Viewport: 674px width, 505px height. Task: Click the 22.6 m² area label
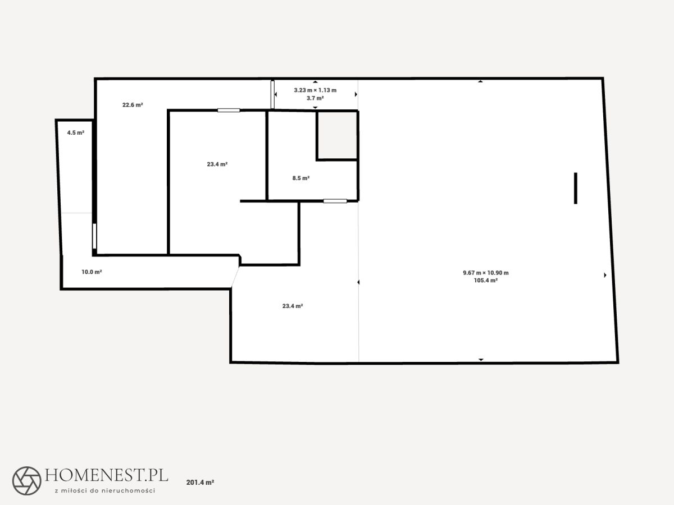click(x=133, y=105)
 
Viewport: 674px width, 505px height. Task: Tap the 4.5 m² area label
click(x=75, y=133)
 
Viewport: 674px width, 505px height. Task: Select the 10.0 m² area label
click(x=92, y=272)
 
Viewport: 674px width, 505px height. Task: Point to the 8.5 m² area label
click(x=301, y=178)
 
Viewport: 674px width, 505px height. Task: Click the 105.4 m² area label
click(x=486, y=281)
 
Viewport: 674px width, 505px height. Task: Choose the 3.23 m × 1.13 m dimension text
click(x=315, y=90)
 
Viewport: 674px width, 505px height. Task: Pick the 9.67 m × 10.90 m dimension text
click(x=486, y=273)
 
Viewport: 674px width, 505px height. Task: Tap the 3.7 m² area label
click(x=315, y=98)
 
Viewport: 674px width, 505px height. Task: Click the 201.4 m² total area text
click(x=200, y=483)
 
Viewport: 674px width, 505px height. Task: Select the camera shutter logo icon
click(x=27, y=481)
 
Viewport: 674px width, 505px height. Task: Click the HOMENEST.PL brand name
click(x=107, y=475)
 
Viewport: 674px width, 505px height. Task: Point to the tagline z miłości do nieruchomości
click(x=104, y=490)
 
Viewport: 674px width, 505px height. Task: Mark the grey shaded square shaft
click(x=337, y=135)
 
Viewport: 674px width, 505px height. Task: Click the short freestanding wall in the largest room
click(x=576, y=189)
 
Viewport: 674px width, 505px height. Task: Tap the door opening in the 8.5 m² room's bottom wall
click(x=335, y=201)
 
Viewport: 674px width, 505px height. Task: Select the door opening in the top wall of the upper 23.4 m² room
click(x=229, y=111)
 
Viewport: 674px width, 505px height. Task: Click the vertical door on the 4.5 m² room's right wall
click(x=94, y=236)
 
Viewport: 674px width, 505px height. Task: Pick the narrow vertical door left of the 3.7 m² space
click(x=272, y=94)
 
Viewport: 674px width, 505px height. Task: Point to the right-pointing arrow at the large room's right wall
click(x=605, y=275)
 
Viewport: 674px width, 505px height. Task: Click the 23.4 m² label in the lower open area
click(x=293, y=306)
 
